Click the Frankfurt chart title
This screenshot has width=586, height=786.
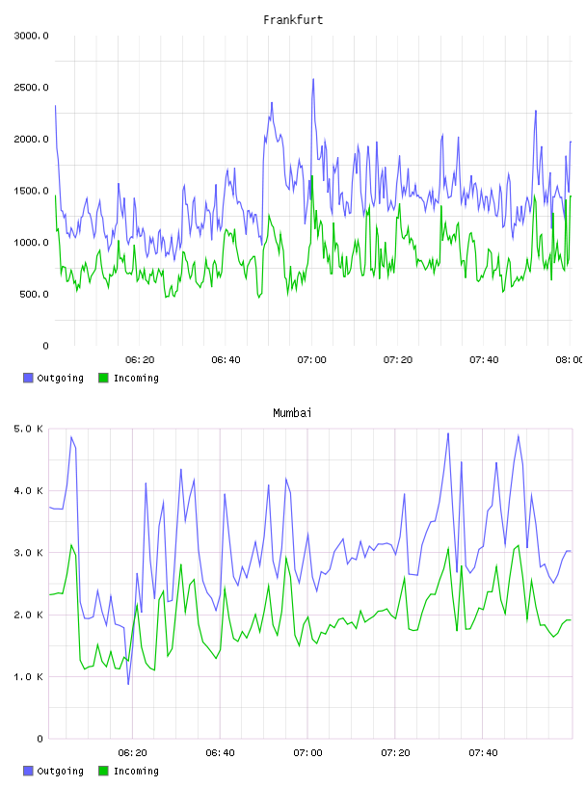[x=293, y=19]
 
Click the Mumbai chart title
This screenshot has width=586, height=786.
[x=292, y=412]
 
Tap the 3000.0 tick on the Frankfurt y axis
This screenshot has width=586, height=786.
[x=31, y=36]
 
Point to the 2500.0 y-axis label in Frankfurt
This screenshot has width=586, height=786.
[x=31, y=88]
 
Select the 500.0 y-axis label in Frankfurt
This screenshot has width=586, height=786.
[x=34, y=294]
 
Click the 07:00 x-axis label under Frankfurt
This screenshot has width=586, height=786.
[x=311, y=359]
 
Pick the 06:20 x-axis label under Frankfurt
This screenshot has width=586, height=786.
[x=140, y=359]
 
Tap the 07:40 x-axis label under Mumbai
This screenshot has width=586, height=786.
[x=483, y=752]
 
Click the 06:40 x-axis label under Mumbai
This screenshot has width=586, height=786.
[x=220, y=752]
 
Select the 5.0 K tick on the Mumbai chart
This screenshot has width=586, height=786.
[x=28, y=429]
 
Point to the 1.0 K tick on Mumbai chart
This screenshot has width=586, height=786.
[x=28, y=677]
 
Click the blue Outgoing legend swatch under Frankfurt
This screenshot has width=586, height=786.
[x=28, y=378]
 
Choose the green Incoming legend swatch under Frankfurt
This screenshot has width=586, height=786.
[x=103, y=378]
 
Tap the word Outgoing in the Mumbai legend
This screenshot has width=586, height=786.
[x=60, y=771]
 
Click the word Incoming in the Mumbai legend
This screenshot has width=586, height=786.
[x=136, y=771]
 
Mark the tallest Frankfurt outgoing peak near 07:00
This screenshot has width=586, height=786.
[x=313, y=79]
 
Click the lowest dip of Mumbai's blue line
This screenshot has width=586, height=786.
[x=128, y=684]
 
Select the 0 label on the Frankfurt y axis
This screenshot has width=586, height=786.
[x=45, y=346]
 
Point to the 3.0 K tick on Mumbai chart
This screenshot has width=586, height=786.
[x=28, y=552]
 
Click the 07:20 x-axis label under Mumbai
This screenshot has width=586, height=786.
[x=395, y=752]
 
